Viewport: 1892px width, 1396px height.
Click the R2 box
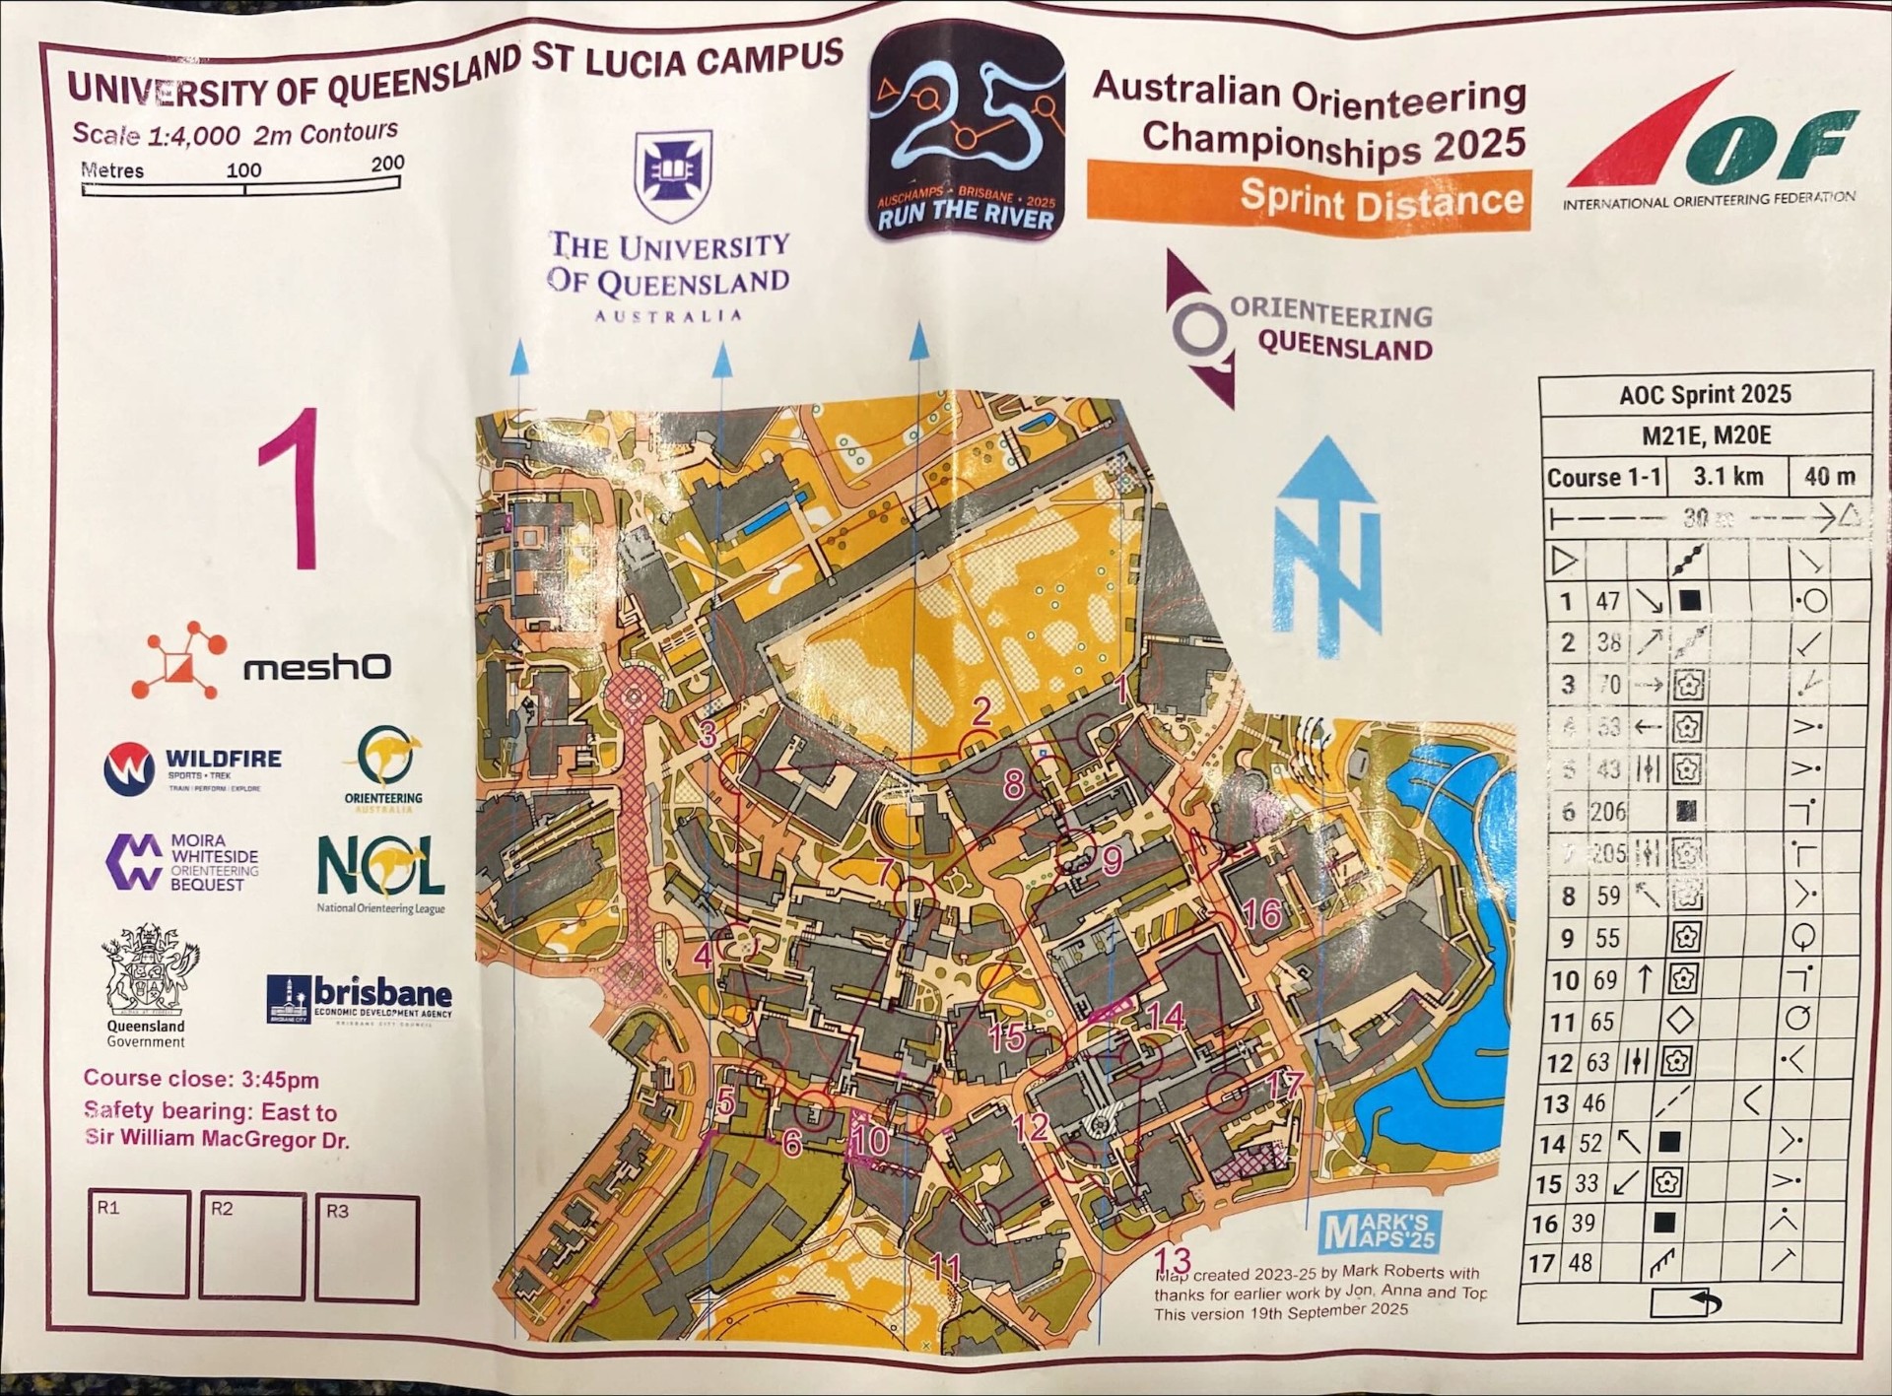251,1247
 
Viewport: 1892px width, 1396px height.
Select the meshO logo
262,662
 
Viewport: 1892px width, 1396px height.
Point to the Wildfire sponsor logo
193,767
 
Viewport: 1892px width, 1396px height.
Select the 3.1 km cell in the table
1727,477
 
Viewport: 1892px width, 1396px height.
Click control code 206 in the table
1606,812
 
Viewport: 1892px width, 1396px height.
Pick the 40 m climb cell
1829,477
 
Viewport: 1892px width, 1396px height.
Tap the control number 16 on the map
1261,914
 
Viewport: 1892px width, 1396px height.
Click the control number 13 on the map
1172,1261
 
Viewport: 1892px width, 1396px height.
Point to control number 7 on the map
886,871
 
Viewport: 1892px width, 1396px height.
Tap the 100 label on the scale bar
243,169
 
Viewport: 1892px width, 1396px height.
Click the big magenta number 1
292,490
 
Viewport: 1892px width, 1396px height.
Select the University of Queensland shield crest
673,175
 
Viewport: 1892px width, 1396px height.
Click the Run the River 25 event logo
967,132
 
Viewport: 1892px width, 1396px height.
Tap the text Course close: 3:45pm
201,1079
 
